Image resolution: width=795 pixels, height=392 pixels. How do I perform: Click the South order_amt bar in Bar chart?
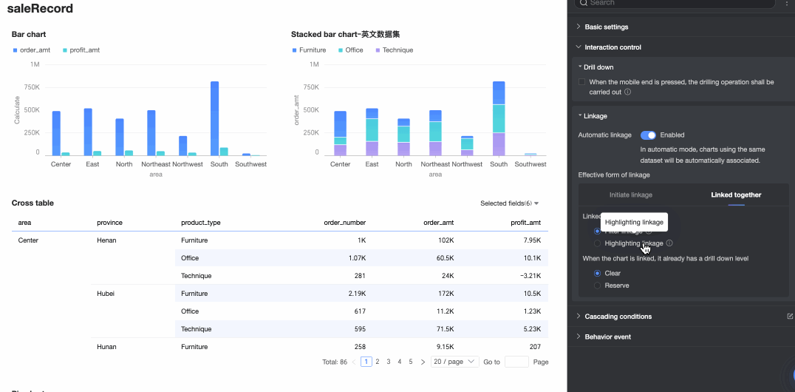pos(214,118)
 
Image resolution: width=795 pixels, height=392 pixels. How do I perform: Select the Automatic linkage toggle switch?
pos(648,135)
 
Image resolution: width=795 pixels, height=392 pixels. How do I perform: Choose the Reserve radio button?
pos(597,285)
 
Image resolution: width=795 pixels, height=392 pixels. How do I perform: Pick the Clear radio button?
pos(597,273)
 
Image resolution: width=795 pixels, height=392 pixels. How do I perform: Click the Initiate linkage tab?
pos(630,195)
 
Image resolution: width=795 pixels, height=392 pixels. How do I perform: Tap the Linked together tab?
pos(736,195)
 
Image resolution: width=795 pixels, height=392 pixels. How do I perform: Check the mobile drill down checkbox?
pos(582,82)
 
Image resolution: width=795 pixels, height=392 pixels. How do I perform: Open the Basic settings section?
pos(606,27)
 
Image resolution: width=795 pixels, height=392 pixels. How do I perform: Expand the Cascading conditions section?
pos(618,317)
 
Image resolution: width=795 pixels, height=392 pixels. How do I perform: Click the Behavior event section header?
pos(607,337)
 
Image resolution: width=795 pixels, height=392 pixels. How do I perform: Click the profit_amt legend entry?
pos(81,50)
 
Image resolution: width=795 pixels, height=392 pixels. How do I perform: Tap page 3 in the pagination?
pos(389,362)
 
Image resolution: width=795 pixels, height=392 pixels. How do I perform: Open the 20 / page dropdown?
pos(455,362)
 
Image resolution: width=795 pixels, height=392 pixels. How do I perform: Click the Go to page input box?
pos(516,362)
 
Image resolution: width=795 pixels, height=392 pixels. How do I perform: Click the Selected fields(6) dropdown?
pos(509,203)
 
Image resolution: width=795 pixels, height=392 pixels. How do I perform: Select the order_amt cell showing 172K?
pos(446,294)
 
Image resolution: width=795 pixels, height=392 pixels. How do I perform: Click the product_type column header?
pos(201,223)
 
